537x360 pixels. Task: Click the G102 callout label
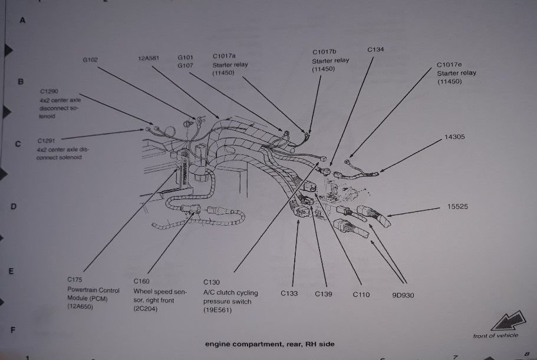click(x=90, y=59)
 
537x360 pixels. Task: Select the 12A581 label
click(x=149, y=58)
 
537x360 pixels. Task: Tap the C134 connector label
click(x=375, y=49)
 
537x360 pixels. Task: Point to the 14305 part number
click(x=454, y=137)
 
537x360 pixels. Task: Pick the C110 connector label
click(x=361, y=294)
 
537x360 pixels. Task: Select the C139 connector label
click(x=324, y=294)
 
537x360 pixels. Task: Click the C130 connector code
click(x=212, y=282)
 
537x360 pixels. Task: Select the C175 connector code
click(x=75, y=279)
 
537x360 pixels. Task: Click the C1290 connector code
click(x=49, y=92)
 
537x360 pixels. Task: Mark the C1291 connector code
click(x=47, y=141)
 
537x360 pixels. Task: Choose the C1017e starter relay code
click(x=448, y=64)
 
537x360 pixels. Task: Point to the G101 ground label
click(x=186, y=57)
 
